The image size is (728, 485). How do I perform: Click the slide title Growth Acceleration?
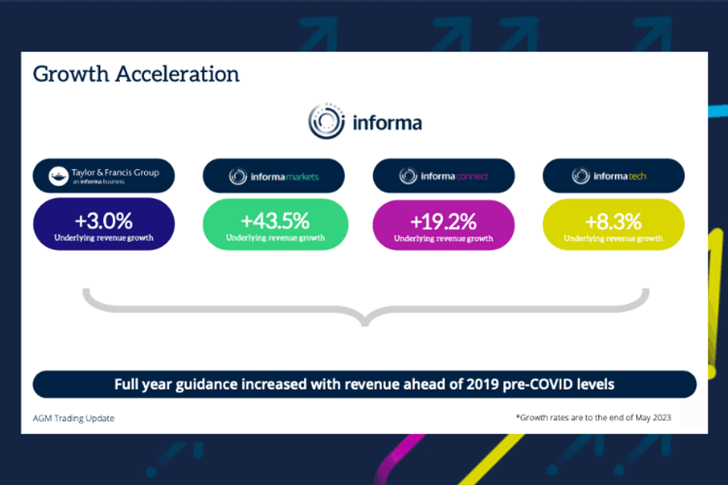(136, 74)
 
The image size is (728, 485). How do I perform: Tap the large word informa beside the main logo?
(387, 123)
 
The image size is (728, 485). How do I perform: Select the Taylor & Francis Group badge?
(104, 176)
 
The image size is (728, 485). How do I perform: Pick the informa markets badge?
(274, 177)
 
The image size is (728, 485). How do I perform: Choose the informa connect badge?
(444, 177)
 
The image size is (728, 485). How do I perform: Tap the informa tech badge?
(613, 177)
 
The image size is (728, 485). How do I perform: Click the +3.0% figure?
(104, 221)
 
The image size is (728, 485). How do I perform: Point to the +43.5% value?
(275, 221)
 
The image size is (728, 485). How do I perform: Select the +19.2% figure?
(444, 221)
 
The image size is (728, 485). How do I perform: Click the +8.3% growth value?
(613, 221)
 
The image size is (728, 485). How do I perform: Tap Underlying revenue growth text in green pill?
(275, 238)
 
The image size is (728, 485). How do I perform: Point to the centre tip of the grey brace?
(365, 322)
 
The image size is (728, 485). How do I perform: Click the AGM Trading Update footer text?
(74, 418)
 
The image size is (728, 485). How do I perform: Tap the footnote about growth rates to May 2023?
(593, 418)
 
